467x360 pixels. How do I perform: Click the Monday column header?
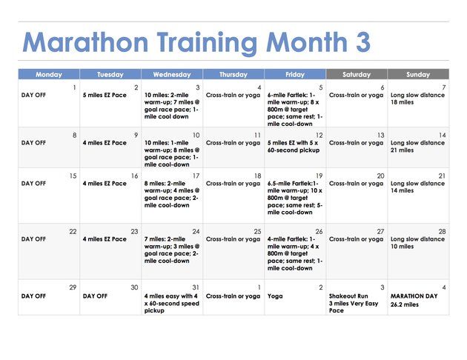click(x=49, y=74)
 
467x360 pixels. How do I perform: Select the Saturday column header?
click(x=357, y=74)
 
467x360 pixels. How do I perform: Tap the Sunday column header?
click(x=418, y=74)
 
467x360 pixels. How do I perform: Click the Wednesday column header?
click(x=172, y=74)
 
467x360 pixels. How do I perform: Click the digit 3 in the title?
click(x=363, y=42)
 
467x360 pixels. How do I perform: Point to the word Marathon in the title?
click(x=85, y=42)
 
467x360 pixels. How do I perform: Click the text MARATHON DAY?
click(x=414, y=296)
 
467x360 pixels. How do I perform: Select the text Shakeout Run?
click(x=348, y=296)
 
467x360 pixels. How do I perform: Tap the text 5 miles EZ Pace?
click(x=105, y=96)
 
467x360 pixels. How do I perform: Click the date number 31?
click(x=196, y=287)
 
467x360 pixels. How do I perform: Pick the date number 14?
click(x=443, y=136)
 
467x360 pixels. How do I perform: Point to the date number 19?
click(x=319, y=176)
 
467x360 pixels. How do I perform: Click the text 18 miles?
click(x=402, y=102)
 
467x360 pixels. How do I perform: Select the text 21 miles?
click(x=402, y=150)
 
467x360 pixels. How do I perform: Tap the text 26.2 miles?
click(x=405, y=304)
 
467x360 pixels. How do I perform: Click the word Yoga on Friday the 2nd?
click(x=275, y=296)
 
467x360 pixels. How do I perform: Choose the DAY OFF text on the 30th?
click(x=95, y=296)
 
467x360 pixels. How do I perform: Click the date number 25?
click(x=257, y=232)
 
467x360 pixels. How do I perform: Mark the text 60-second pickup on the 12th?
click(x=294, y=150)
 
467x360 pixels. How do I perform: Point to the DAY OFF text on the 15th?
click(x=33, y=184)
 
